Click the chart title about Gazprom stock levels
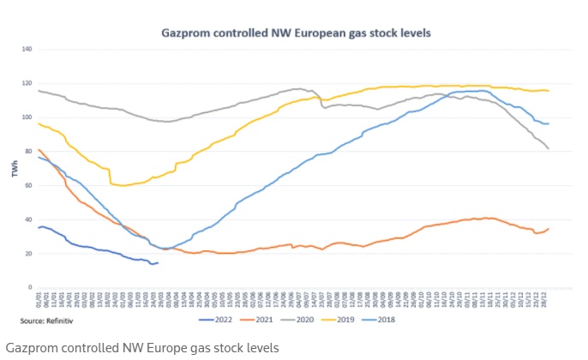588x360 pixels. coord(296,33)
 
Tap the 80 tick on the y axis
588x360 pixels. coord(27,151)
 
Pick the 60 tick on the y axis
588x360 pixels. coord(27,185)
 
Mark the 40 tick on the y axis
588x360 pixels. coord(27,219)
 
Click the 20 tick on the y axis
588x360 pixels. coord(27,254)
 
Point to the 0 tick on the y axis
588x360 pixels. coord(29,287)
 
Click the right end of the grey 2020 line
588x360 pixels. coord(549,149)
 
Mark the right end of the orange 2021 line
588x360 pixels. coord(549,229)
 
